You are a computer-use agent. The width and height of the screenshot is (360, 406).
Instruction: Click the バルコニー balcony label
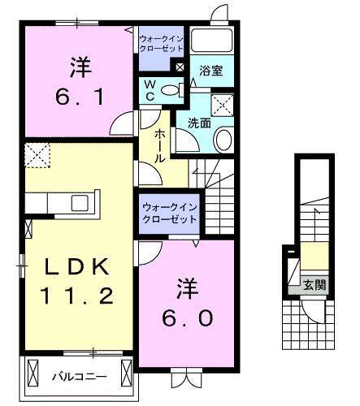(x=79, y=376)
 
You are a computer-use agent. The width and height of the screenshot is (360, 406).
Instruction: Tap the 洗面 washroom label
(x=200, y=123)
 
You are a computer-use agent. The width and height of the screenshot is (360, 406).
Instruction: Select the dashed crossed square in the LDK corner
(x=37, y=155)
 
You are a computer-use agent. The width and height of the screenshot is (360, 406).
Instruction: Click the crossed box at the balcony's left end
(x=33, y=374)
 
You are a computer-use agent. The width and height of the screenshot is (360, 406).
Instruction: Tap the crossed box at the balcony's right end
(x=127, y=374)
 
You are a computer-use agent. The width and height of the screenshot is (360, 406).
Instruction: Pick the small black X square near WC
(x=180, y=67)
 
